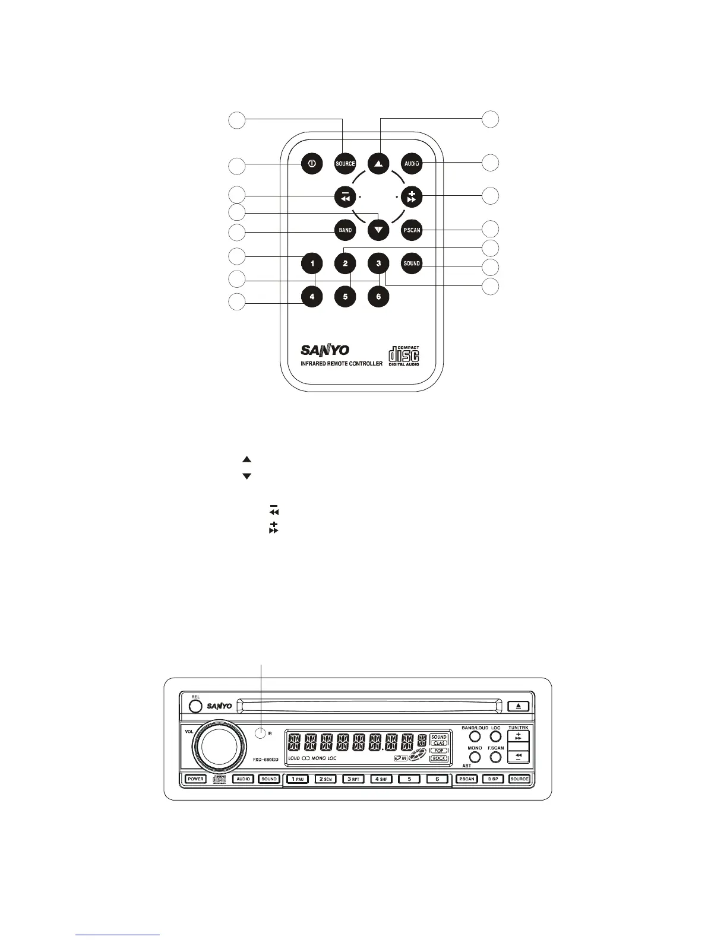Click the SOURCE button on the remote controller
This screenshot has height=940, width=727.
345,164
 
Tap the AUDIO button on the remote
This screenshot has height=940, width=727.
412,163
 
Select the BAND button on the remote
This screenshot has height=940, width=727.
345,230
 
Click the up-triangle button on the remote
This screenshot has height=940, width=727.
378,164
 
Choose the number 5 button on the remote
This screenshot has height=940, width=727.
345,296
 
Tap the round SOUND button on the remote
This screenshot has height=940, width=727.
412,263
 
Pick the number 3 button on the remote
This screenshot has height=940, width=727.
378,263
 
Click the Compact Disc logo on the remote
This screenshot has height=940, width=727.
404,355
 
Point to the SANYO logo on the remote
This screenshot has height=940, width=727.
325,350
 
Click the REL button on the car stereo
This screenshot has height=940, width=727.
195,706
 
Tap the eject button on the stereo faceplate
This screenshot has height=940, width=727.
518,706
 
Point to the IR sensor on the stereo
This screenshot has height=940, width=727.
260,732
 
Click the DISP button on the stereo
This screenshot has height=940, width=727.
492,779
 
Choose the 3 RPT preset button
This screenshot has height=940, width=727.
353,779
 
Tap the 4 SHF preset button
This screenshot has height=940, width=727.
381,779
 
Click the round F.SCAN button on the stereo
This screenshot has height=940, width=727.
495,757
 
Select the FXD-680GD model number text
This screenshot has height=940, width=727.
262,760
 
